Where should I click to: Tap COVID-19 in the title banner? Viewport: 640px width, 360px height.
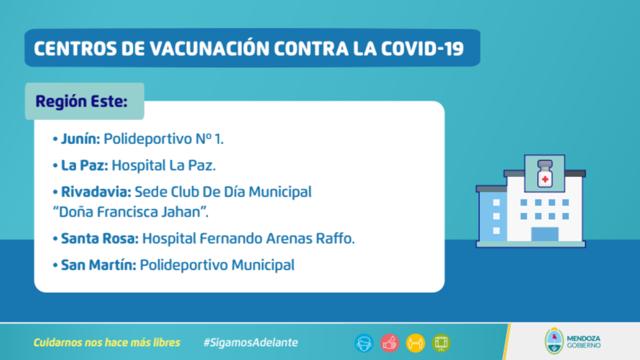pos(422,49)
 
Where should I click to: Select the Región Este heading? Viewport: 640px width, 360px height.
pos(82,101)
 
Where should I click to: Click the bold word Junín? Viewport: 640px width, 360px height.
pos(81,139)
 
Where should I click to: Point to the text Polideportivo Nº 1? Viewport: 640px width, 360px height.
pos(163,139)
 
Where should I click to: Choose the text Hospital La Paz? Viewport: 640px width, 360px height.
pos(164,165)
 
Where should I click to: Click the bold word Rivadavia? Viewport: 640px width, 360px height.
pos(96,191)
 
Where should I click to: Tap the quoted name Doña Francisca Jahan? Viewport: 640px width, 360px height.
pos(131,212)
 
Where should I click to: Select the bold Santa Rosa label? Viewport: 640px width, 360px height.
pos(100,238)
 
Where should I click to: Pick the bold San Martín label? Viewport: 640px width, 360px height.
pos(99,265)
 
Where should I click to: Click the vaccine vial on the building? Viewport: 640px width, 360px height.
pos(545,173)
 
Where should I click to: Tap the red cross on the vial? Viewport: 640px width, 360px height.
pos(545,179)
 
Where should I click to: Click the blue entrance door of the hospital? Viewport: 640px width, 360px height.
pos(545,234)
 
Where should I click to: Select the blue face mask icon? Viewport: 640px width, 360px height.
pos(364,343)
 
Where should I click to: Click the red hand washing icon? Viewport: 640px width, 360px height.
pos(390,343)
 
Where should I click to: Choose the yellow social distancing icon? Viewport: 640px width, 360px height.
pos(415,343)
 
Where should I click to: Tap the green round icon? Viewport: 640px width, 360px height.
pos(441,343)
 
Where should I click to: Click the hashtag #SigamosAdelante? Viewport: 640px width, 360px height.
pos(251,342)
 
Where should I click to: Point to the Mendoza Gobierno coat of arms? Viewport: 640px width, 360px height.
pos(554,341)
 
